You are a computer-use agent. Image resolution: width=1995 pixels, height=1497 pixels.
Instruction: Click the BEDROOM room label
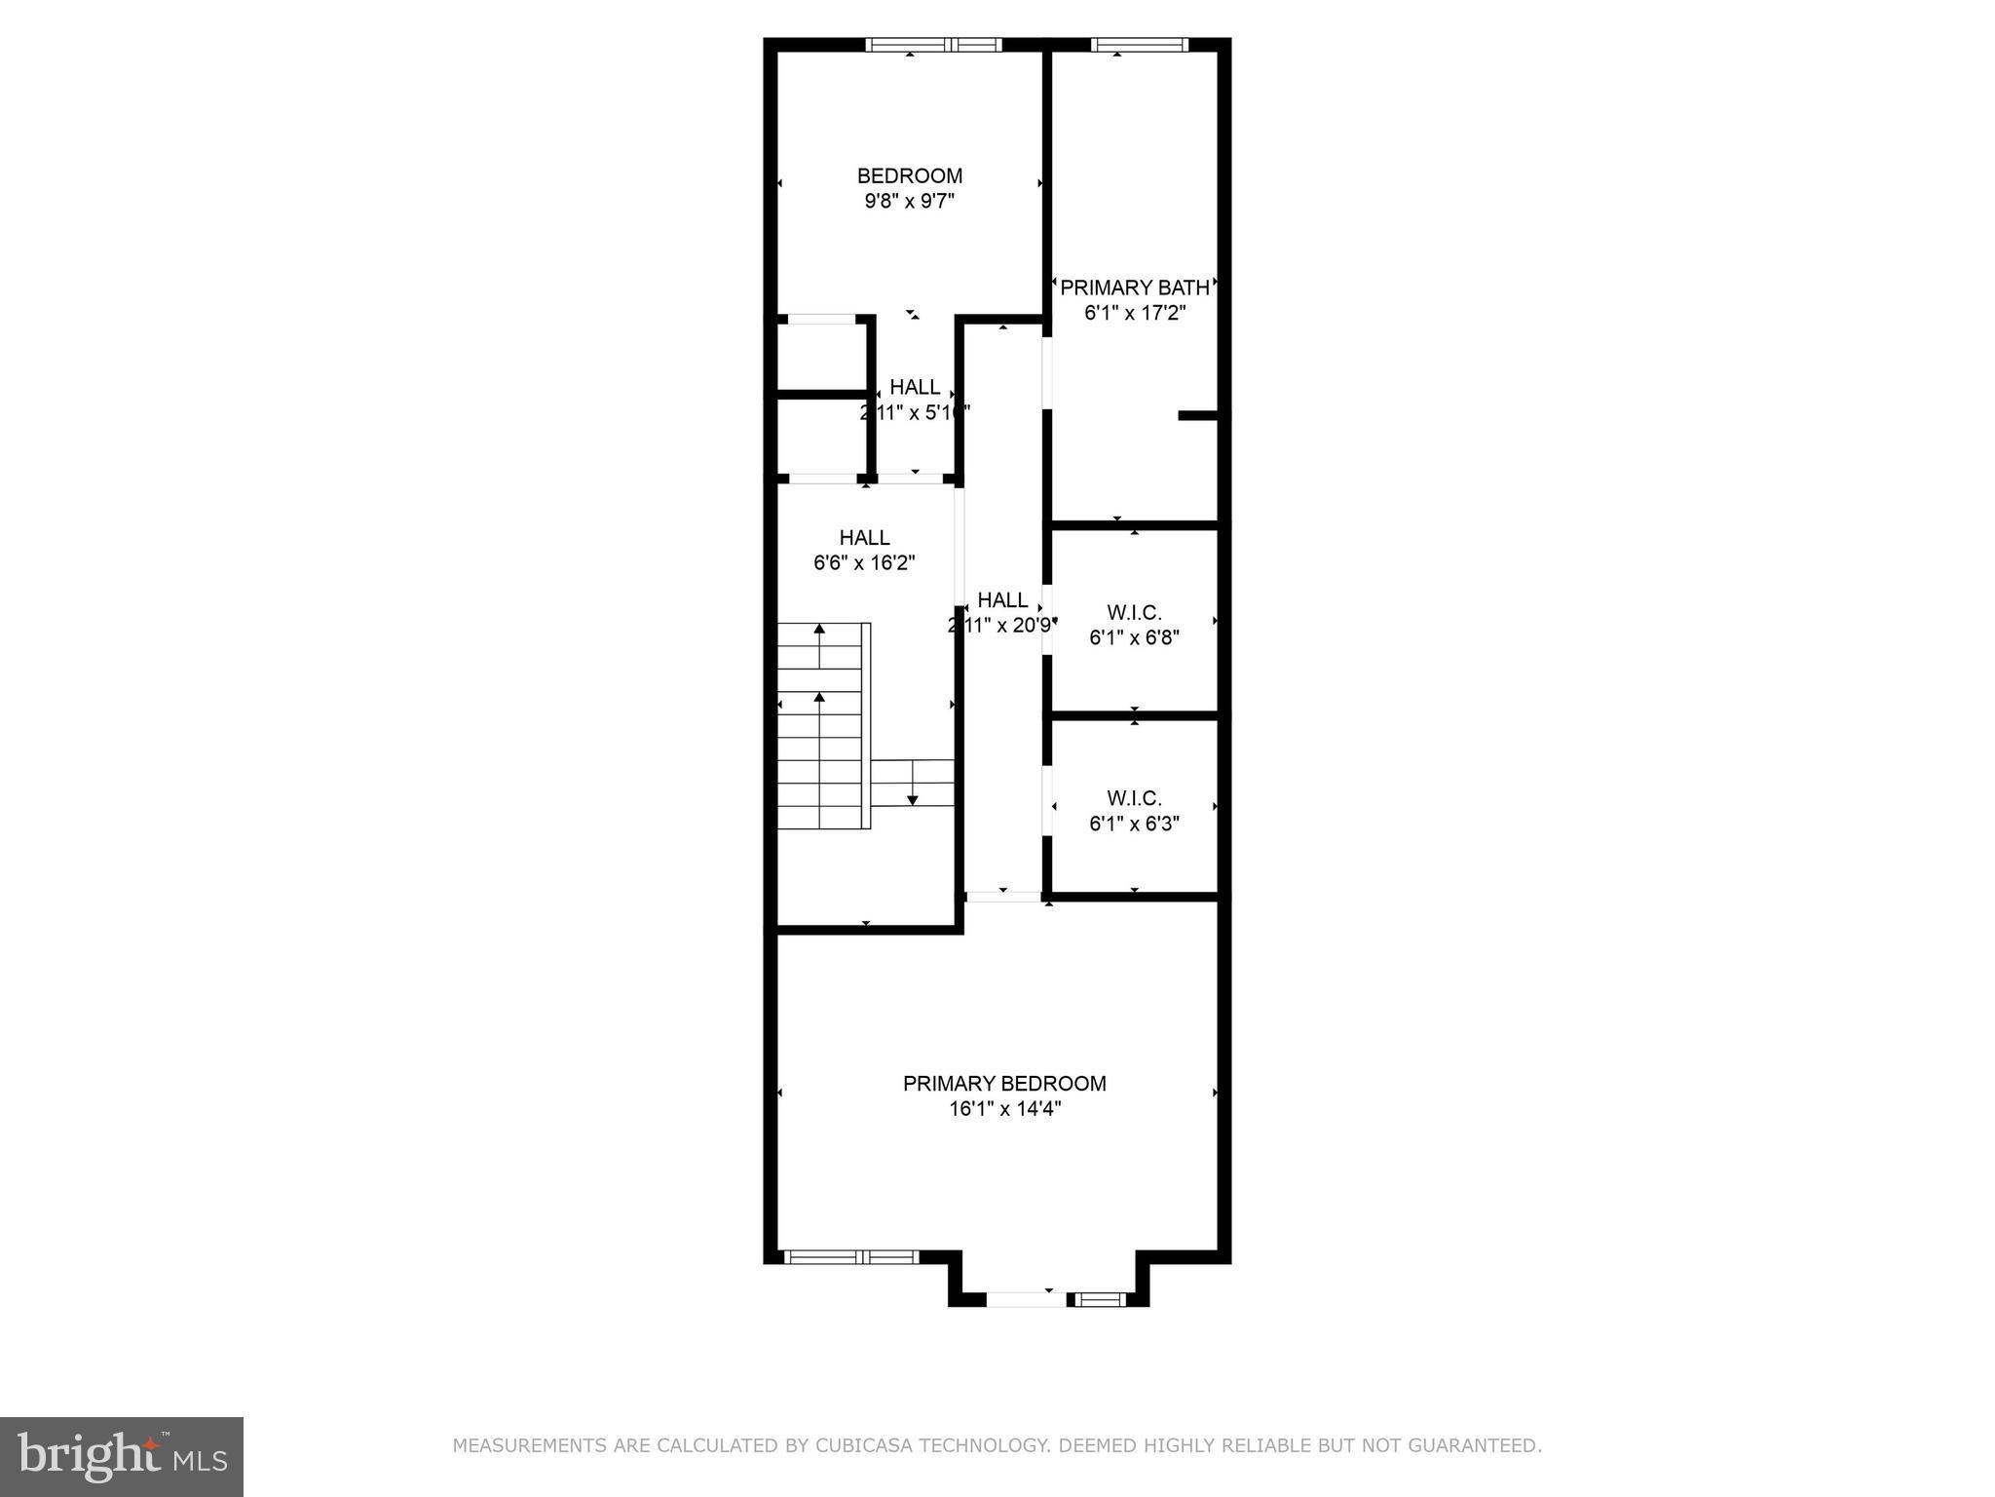coord(909,176)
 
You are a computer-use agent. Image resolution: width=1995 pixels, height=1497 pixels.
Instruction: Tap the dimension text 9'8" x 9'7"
coord(909,202)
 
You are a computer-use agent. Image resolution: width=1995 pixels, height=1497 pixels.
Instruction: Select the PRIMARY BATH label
coord(1134,288)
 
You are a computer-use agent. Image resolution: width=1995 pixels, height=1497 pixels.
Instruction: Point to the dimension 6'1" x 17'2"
coord(1134,313)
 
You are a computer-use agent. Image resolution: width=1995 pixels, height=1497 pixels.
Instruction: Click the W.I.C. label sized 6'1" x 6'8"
coord(1134,612)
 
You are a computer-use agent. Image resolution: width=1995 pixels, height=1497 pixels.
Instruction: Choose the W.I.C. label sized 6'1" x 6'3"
coord(1134,798)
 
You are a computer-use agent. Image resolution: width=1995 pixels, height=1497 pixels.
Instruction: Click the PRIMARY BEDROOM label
coord(1004,1083)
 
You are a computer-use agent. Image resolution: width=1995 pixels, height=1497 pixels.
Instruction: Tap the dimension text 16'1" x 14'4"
coord(1004,1108)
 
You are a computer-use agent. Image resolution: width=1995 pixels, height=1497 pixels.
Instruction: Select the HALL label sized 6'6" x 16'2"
coord(864,537)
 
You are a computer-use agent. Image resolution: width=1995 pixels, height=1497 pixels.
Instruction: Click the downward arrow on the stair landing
coord(913,785)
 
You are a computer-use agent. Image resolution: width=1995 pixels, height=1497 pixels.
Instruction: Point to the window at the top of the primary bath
coord(1139,44)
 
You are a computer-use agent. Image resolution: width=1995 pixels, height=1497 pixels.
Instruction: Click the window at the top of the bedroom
coord(933,44)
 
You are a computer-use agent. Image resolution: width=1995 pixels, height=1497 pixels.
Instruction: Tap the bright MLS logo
coord(121,1457)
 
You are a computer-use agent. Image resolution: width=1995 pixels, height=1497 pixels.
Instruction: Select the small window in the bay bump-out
coord(1099,1299)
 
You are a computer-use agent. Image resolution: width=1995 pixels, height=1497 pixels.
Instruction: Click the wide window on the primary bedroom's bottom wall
coord(851,1257)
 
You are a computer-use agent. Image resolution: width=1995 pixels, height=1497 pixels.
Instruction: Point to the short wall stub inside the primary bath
coord(1197,415)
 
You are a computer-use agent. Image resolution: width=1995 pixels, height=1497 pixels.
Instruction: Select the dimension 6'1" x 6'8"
coord(1134,637)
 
